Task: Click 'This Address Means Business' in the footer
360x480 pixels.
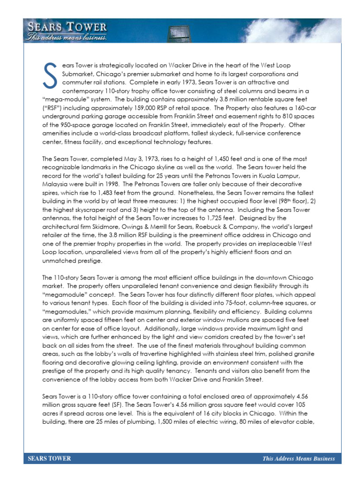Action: (x=299, y=458)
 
